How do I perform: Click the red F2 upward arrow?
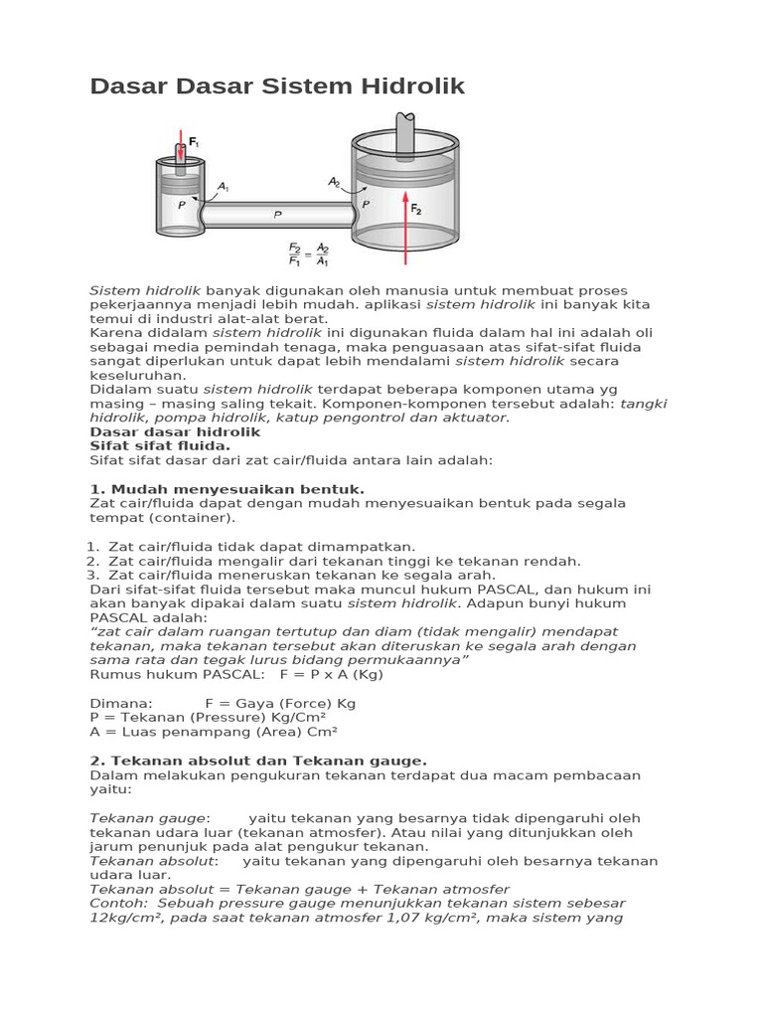pos(406,215)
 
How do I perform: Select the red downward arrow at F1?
pos(180,145)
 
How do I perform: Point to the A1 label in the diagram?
pos(224,186)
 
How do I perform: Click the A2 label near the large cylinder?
pos(335,182)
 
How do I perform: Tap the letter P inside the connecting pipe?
pos(277,214)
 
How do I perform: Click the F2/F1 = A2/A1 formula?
pos(309,254)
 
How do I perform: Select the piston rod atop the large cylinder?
pos(405,133)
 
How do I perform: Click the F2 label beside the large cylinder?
pos(417,210)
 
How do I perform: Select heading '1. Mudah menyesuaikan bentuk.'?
pos(228,489)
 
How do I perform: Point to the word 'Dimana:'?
pos(121,703)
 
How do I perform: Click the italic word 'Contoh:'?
pos(117,903)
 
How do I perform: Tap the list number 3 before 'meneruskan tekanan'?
pos(91,575)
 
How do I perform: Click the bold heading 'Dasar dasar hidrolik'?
pos(175,432)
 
